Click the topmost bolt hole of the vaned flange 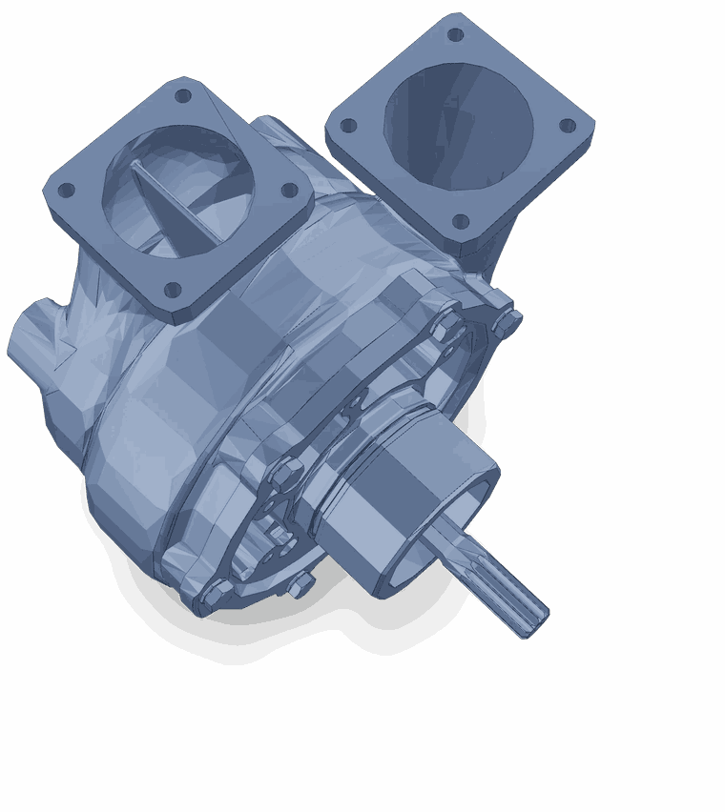183,95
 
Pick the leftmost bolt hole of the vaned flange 66,190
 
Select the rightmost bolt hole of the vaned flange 289,191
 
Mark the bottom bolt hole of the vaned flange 173,289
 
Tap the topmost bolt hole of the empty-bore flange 455,35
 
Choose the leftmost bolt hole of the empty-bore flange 348,125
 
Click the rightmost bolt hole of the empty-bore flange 567,125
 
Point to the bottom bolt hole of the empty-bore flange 461,221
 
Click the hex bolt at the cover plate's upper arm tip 445,326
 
